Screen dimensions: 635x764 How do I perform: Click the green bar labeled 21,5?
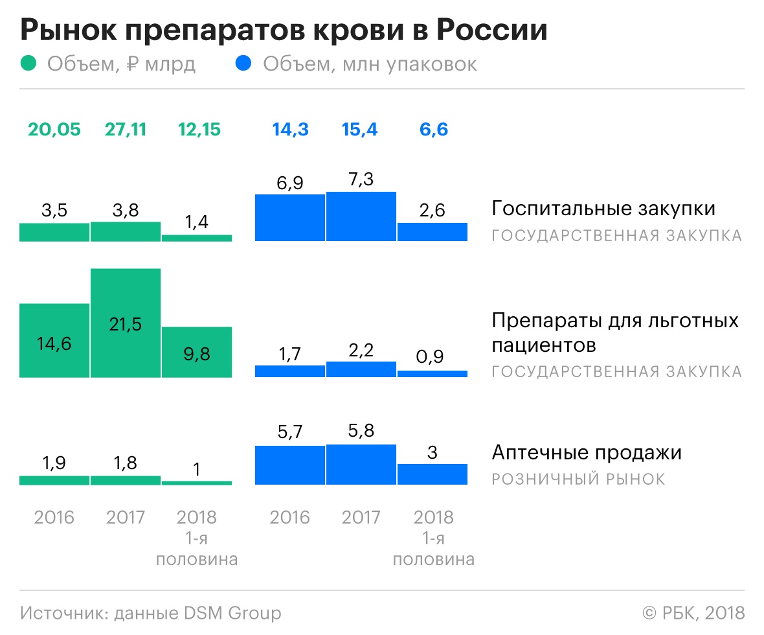(126, 323)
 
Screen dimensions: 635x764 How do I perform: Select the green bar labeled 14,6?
(54, 340)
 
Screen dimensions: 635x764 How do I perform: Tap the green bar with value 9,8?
(196, 352)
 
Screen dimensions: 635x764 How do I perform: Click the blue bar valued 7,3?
(361, 216)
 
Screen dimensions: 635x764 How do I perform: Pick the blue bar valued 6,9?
(290, 218)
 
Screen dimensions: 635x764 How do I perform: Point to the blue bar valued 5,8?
(361, 465)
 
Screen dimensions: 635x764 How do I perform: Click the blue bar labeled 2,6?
(432, 232)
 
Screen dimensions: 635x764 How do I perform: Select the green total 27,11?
(126, 129)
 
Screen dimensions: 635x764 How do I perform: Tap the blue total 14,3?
(290, 129)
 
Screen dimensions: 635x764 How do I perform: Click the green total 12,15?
(199, 129)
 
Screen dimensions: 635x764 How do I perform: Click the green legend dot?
(29, 64)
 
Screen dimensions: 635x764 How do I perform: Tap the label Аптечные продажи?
(587, 452)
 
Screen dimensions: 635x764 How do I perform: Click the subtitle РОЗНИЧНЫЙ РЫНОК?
(578, 479)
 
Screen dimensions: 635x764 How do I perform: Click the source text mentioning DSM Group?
(150, 612)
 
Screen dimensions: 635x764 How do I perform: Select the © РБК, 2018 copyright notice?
(693, 612)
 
